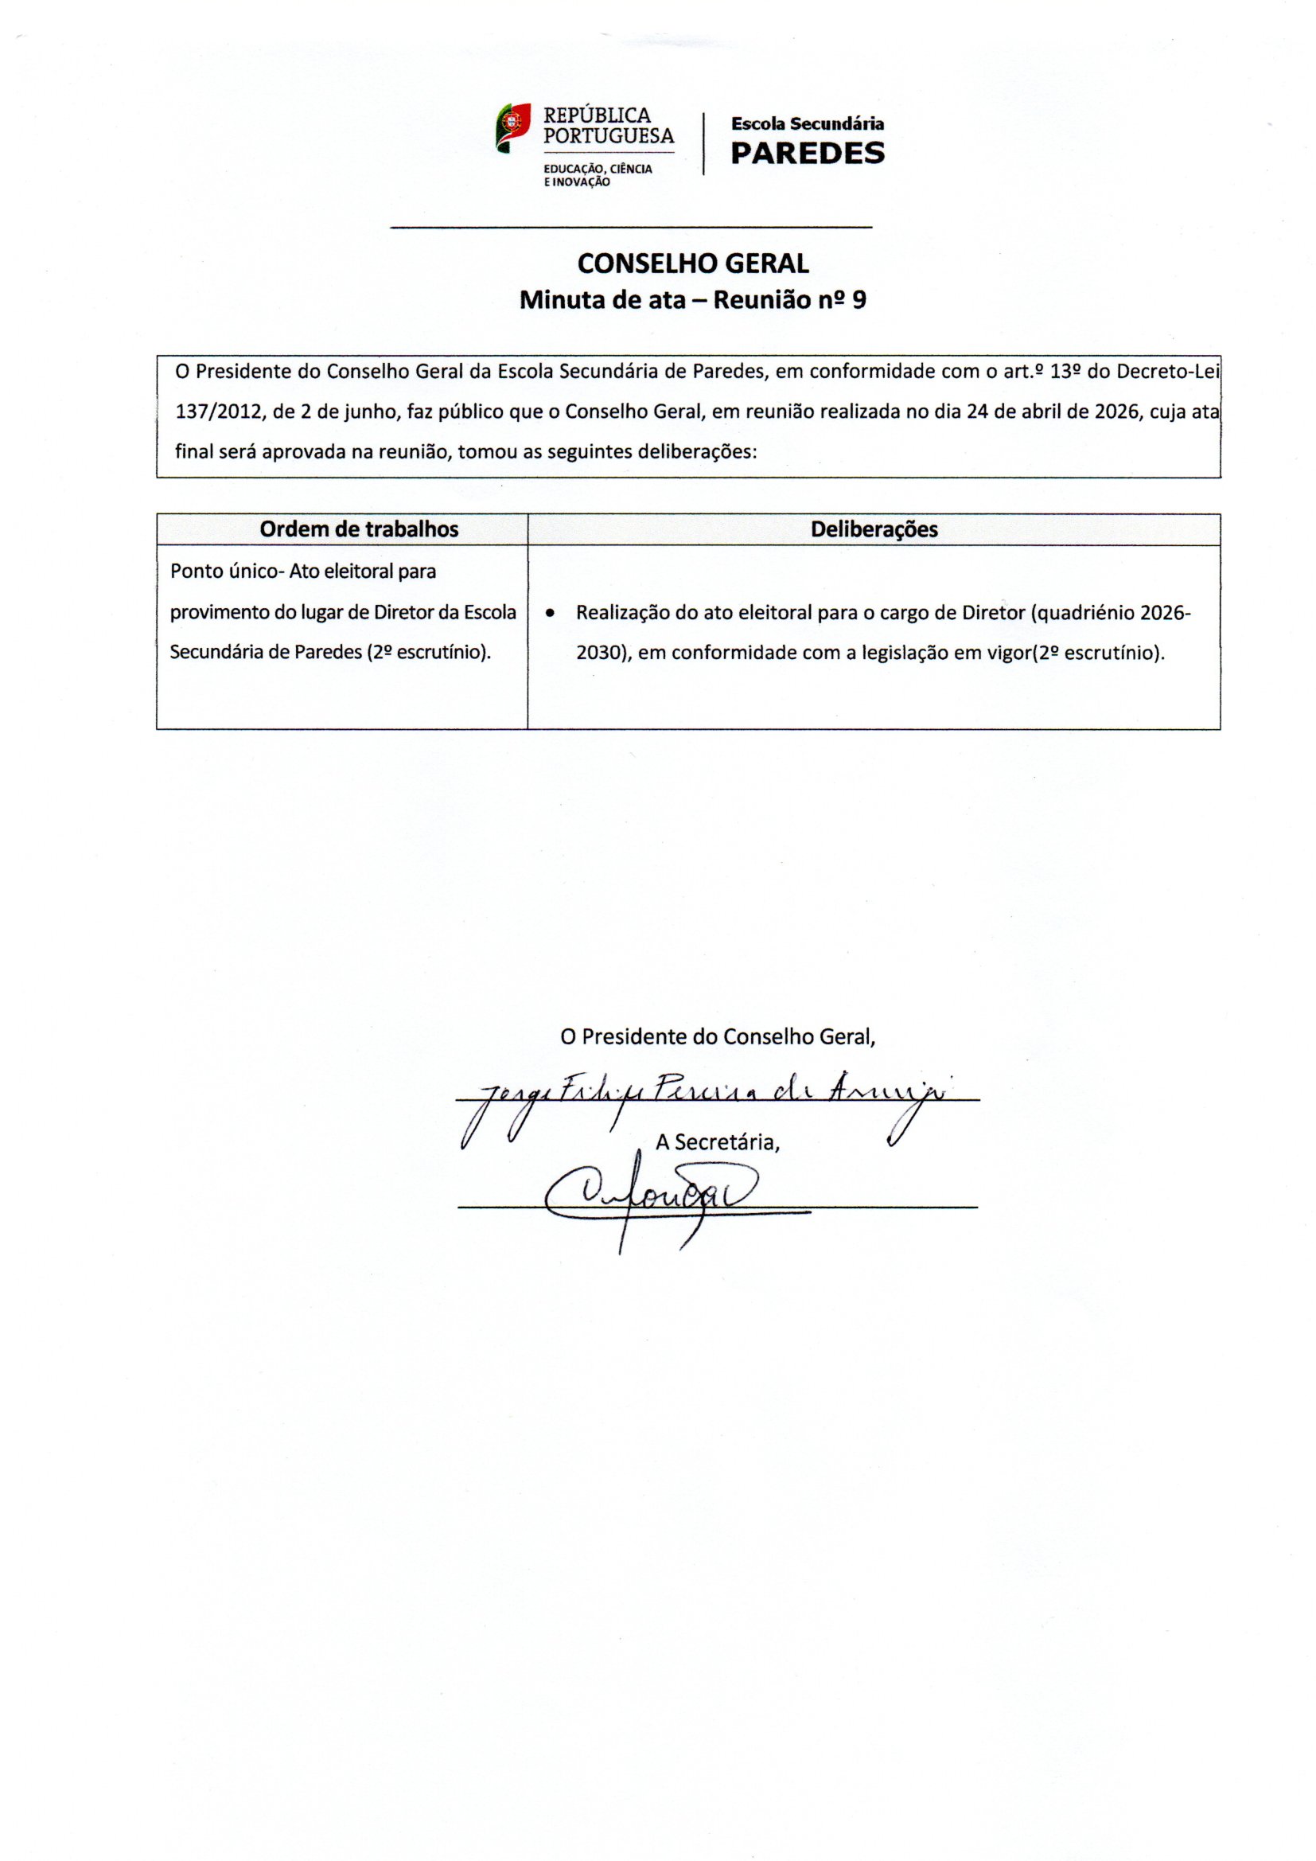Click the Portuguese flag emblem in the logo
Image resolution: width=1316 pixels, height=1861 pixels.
click(513, 127)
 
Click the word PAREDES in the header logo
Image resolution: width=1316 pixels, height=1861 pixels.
click(807, 153)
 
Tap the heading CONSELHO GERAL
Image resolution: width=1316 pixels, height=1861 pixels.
click(693, 263)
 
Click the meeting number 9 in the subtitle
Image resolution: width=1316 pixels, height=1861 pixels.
click(859, 301)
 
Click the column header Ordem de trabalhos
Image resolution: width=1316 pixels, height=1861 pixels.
click(359, 529)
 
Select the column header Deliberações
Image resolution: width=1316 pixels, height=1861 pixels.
click(874, 529)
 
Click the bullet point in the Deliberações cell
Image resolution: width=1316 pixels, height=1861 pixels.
click(551, 614)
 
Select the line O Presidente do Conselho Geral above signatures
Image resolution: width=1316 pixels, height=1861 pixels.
click(718, 1036)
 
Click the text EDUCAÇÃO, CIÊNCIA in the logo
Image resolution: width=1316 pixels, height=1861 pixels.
click(598, 169)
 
